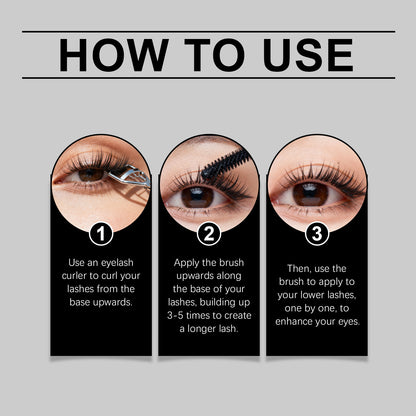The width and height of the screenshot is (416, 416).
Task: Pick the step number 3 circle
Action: [x=315, y=235]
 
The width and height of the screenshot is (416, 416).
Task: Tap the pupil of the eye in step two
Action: [x=196, y=196]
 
